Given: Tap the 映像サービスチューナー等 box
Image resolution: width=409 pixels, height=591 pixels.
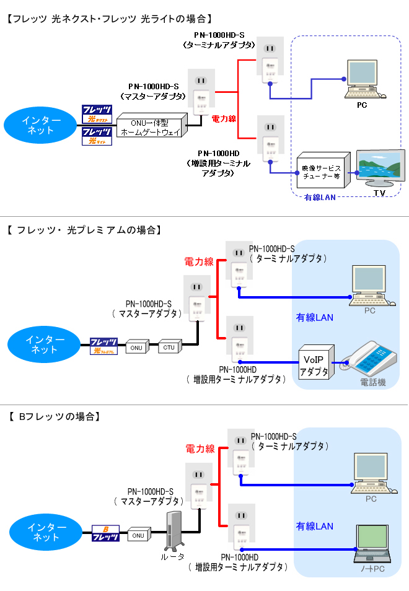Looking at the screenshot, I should pos(322,171).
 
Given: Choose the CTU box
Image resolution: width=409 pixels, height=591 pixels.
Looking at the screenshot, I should pos(169,348).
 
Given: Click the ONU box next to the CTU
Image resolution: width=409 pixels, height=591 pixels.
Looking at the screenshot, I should pos(136,348).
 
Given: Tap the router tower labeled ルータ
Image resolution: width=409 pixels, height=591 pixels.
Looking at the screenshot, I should pos(173,530).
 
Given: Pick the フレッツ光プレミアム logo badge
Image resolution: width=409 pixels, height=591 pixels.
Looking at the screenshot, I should pos(104,346).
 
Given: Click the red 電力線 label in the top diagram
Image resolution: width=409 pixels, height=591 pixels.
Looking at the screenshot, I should pos(223,117).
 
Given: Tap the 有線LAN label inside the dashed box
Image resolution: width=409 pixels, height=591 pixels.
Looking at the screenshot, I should pos(320,196).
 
